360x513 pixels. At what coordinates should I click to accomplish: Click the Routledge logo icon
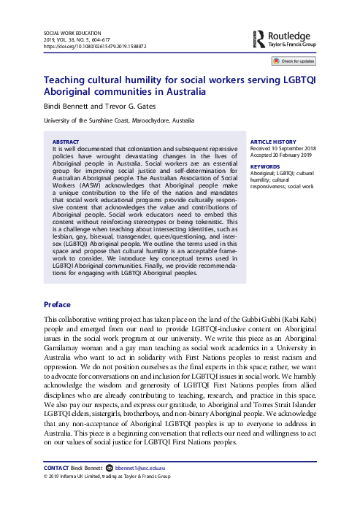[x=258, y=37]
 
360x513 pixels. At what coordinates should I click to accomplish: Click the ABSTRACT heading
[x=66, y=141]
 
